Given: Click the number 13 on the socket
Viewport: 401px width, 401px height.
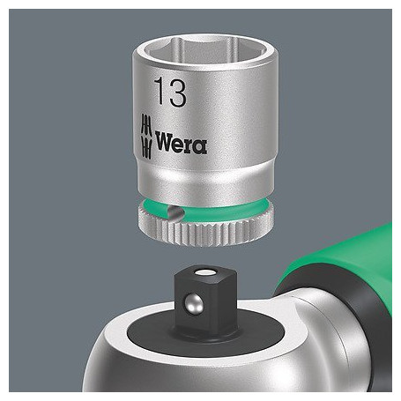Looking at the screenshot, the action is (170, 92).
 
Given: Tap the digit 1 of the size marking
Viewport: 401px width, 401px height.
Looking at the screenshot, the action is (160, 91).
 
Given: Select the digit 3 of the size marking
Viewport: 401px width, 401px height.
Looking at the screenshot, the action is (177, 92).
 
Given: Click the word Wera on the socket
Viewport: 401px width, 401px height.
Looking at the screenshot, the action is (181, 143).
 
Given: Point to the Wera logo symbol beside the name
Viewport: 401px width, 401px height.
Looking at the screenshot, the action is (146, 137).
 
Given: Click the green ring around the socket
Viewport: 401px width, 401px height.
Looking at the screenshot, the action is (205, 208).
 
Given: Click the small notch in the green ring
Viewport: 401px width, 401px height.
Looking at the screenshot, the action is (175, 212).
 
